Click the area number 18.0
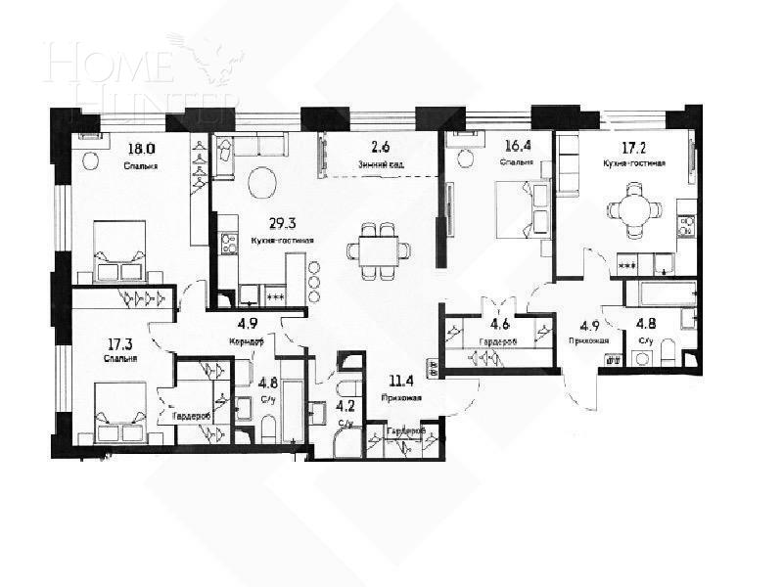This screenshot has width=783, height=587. tap(142, 150)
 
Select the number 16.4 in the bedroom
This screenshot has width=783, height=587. tap(518, 148)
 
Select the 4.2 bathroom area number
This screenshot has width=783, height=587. tap(345, 405)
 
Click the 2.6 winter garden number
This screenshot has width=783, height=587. tap(380, 148)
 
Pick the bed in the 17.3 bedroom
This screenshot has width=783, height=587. tap(119, 411)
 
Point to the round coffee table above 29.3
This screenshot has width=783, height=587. tap(263, 183)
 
